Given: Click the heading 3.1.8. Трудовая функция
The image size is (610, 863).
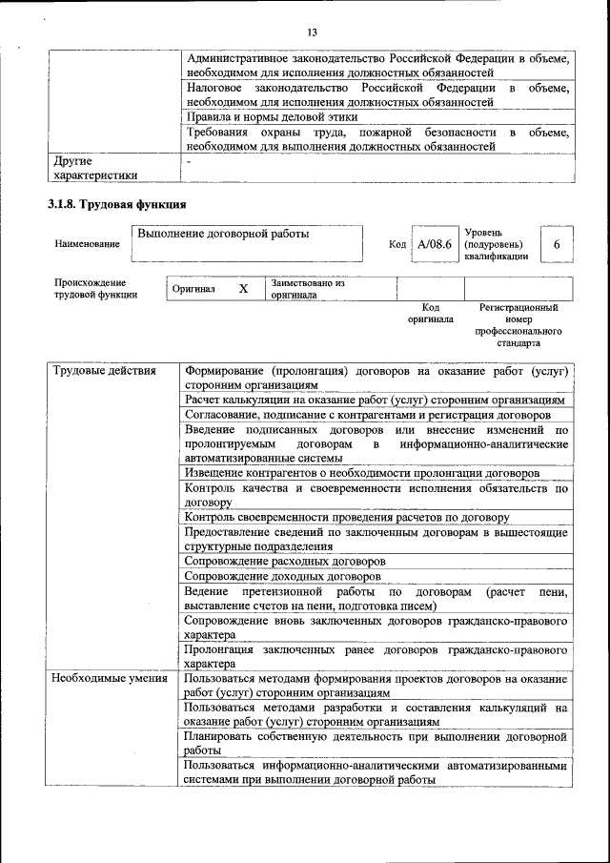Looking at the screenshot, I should coord(116,205).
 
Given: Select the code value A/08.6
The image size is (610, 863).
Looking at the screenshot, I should coord(434,245).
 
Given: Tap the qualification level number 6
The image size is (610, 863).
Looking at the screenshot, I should coord(556,245).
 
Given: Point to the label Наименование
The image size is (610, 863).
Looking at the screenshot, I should coord(88,244).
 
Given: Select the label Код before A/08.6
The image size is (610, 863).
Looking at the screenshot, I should coord(398,245).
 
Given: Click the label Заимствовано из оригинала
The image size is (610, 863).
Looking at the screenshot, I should coord(307,289).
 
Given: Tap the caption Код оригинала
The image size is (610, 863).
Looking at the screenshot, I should coord(430,314).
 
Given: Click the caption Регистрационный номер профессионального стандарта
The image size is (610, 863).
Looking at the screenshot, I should coord(518,324).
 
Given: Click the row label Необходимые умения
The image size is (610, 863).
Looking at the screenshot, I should coord(110,679).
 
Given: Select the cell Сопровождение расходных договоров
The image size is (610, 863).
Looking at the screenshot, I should coord(283,562).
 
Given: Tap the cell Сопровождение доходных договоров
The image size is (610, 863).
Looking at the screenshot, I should coord(281,577).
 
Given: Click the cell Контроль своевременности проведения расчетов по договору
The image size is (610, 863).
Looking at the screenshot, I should coord(347,517).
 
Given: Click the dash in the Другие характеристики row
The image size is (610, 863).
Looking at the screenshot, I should coord(190,161).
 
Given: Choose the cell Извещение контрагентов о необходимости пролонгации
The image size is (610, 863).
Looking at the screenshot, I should coord(362,473).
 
